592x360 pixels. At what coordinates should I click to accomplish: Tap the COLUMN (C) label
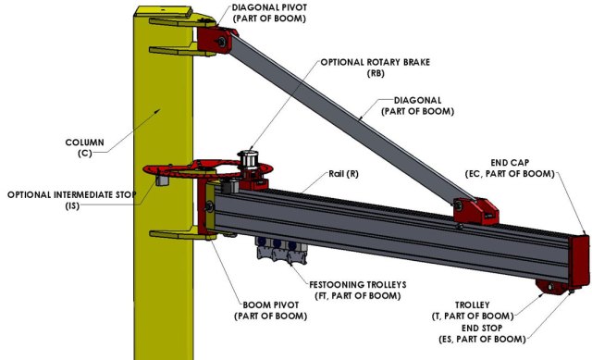[x=84, y=148]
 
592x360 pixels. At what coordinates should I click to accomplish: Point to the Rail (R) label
[x=343, y=174]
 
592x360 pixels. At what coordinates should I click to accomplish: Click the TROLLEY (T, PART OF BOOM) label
[x=473, y=310]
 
